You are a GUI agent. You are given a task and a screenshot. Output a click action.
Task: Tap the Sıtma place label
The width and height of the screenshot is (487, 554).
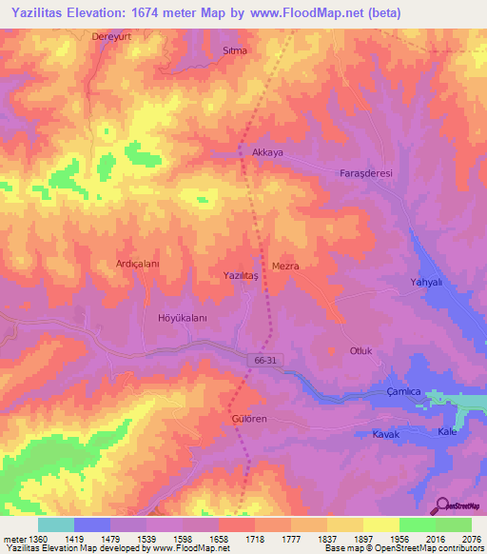pos(234,49)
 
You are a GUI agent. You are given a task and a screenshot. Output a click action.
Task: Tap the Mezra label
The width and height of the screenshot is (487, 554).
pos(285,267)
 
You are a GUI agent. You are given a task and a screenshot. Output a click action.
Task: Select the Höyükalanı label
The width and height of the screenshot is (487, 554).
pos(182,319)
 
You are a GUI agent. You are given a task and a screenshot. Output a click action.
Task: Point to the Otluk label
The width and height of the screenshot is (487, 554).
pos(362,350)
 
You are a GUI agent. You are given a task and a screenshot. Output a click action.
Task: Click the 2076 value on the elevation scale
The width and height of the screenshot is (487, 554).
pos(473,538)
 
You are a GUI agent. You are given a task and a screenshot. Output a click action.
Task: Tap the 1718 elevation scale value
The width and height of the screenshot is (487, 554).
pos(254,538)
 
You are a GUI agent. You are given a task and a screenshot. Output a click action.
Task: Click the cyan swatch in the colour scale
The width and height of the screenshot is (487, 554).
pos(56,524)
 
